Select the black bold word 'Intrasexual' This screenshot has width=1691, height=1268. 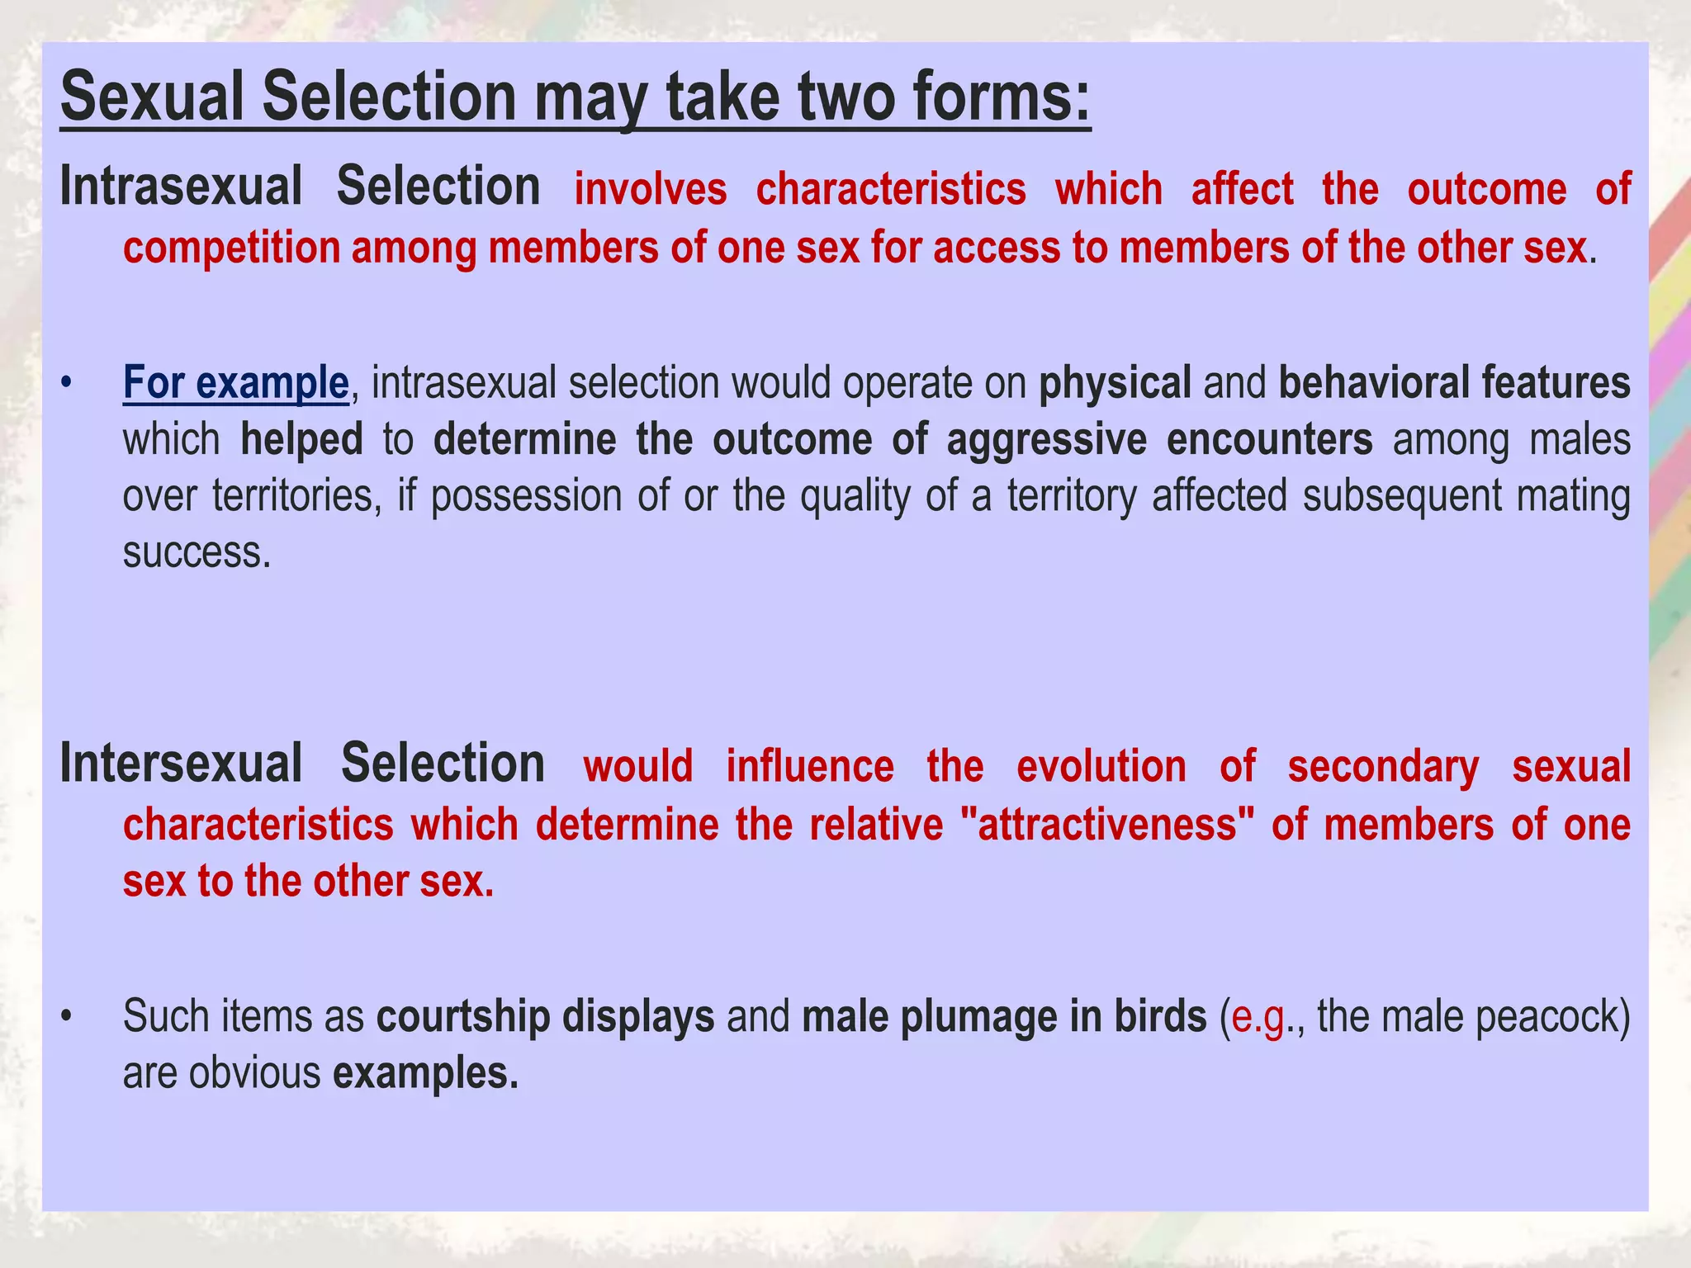[x=181, y=187]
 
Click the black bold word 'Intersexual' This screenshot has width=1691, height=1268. [x=181, y=764]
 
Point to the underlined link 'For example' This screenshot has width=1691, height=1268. [x=235, y=383]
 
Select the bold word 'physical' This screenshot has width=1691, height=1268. [x=1115, y=383]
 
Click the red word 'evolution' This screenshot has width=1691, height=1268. [x=1101, y=766]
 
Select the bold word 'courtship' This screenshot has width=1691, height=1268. [x=462, y=1016]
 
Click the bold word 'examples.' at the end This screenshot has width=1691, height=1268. [x=425, y=1073]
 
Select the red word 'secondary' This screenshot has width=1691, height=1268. [x=1383, y=767]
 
